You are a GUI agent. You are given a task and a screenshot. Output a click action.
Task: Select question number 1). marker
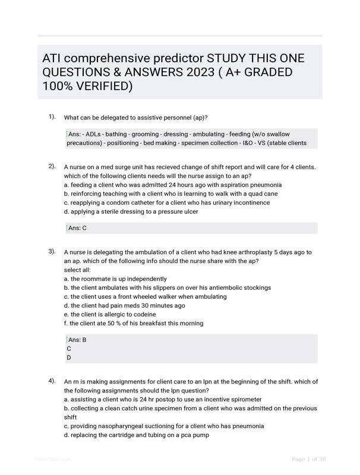(x=52, y=116)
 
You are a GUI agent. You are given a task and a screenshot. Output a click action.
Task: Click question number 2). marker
(x=52, y=166)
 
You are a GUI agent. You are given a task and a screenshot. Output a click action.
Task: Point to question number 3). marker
(x=52, y=251)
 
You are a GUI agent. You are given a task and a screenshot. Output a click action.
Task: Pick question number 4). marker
(x=52, y=381)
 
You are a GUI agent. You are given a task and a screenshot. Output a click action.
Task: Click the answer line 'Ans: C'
(x=77, y=228)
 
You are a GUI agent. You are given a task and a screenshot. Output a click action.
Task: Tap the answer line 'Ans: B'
(x=77, y=340)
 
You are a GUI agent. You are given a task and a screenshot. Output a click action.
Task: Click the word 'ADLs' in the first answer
(x=93, y=134)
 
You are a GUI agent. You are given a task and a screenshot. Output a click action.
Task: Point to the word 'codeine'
(x=143, y=314)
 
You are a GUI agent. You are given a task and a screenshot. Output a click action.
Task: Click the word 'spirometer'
(x=245, y=400)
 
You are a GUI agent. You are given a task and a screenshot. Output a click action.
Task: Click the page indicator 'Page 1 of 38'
(x=309, y=459)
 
